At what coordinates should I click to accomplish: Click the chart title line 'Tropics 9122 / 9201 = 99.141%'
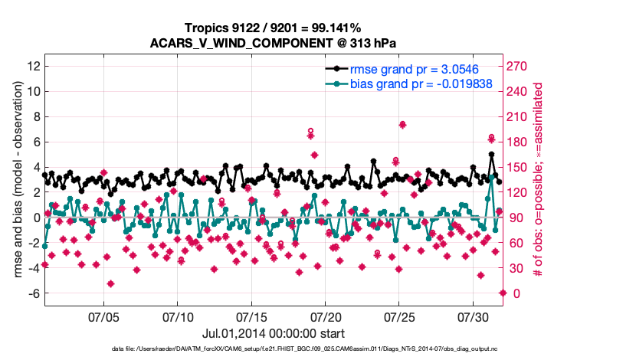(x=273, y=28)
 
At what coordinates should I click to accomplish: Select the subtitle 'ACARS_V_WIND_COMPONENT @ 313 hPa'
(x=273, y=42)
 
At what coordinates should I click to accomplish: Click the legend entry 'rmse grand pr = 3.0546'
(x=414, y=69)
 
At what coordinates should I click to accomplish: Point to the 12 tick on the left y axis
(x=32, y=67)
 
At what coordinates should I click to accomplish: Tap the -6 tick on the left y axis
(x=32, y=293)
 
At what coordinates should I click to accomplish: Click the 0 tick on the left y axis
(x=35, y=218)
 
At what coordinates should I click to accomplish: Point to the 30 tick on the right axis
(x=515, y=268)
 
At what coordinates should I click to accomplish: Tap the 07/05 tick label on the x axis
(x=104, y=316)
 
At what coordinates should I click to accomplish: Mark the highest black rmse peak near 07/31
(x=491, y=154)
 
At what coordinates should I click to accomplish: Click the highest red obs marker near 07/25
(x=402, y=125)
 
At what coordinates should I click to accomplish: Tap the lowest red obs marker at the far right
(x=503, y=293)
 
